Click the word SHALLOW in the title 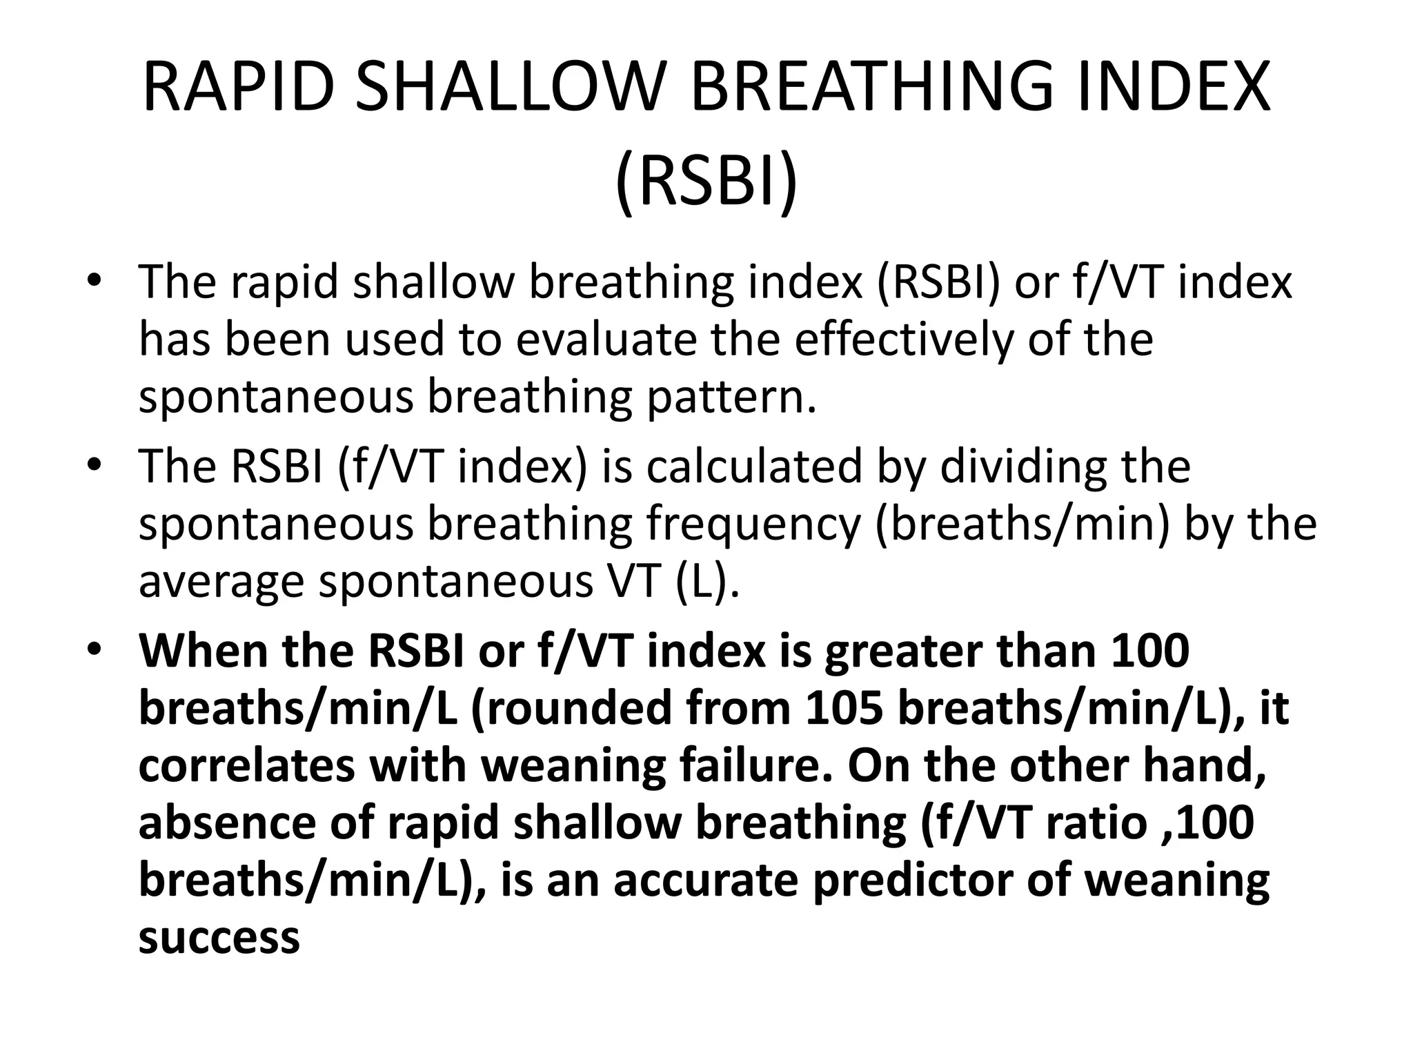(x=511, y=88)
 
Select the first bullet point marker (x=95, y=282)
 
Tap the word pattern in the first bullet (x=731, y=398)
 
